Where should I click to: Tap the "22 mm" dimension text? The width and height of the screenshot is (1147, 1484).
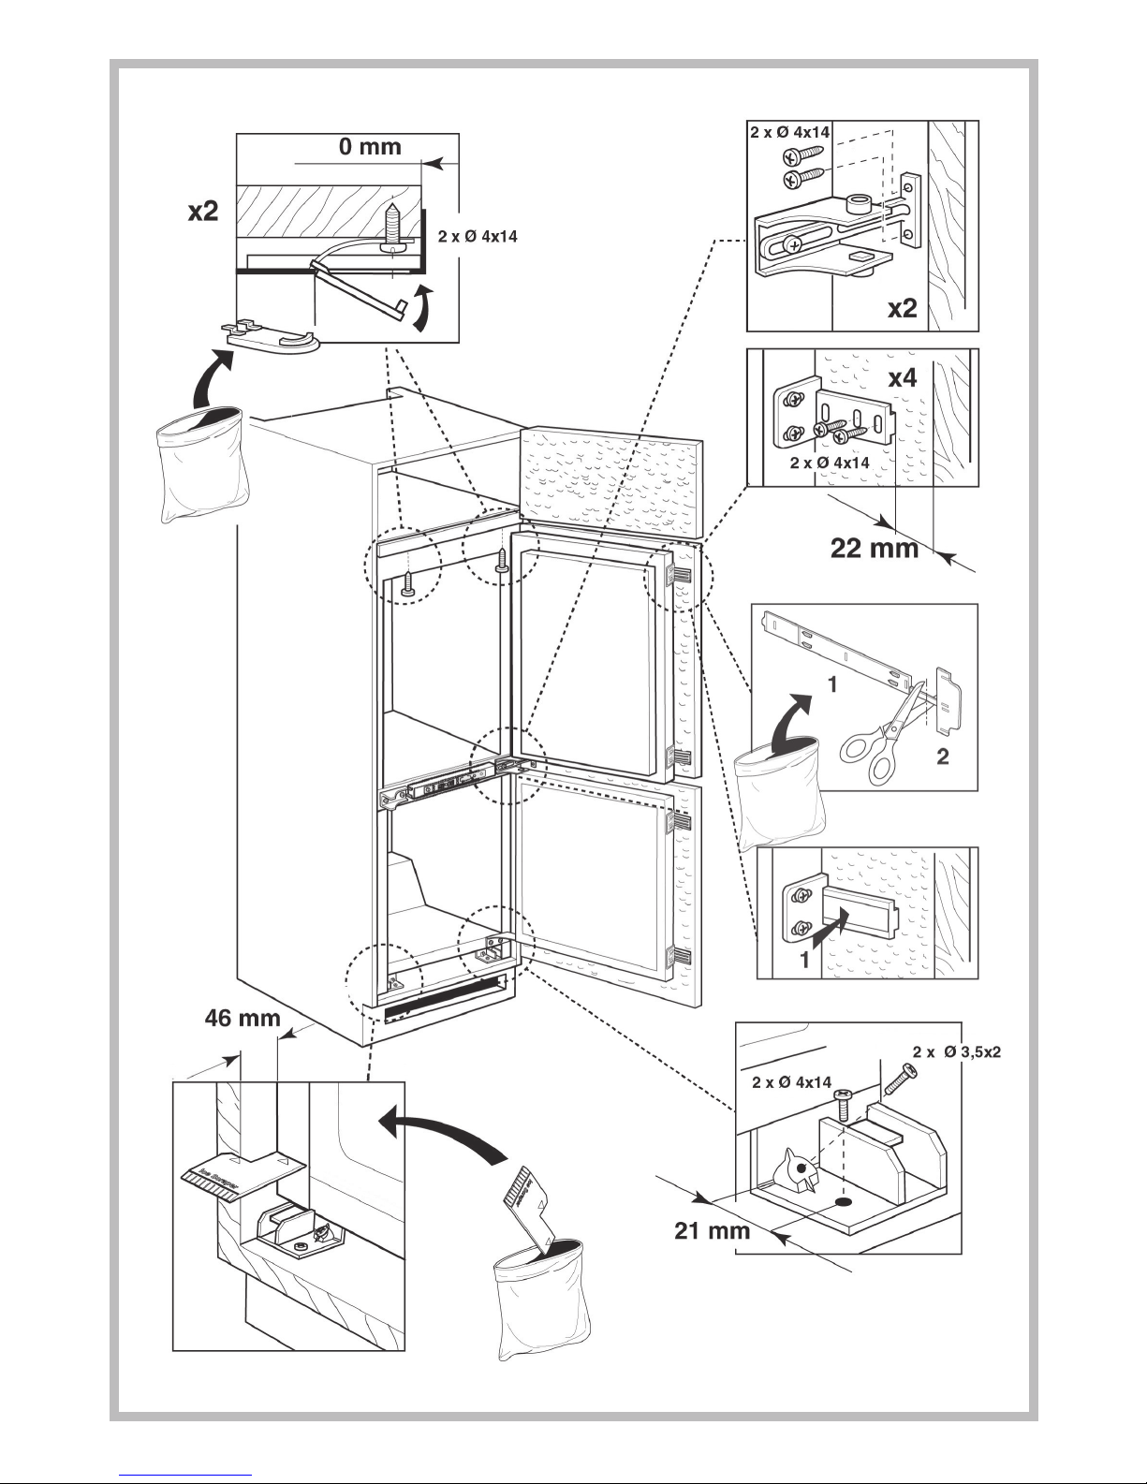tap(875, 547)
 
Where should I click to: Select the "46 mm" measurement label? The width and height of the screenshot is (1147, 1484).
tap(243, 1017)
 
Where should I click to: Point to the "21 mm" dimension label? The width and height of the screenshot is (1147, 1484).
tap(713, 1229)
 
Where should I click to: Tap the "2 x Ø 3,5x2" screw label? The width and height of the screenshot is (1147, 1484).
tap(957, 1051)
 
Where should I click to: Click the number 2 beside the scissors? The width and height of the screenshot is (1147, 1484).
tap(942, 757)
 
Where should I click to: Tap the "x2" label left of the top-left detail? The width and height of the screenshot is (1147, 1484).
tap(202, 212)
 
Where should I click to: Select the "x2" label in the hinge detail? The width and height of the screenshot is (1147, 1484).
tap(902, 309)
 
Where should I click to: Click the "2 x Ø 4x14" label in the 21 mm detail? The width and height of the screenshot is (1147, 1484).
tap(791, 1082)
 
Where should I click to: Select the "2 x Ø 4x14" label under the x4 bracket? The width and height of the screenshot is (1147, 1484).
tap(830, 463)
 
